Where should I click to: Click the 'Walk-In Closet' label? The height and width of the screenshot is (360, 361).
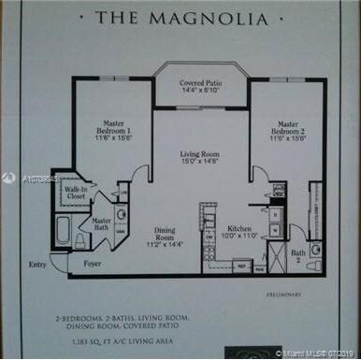tap(75, 194)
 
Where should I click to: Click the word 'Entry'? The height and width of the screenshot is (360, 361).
tap(36, 265)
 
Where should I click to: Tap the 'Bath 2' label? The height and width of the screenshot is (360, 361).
tap(298, 254)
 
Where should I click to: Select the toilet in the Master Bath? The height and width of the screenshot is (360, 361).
tap(81, 239)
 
